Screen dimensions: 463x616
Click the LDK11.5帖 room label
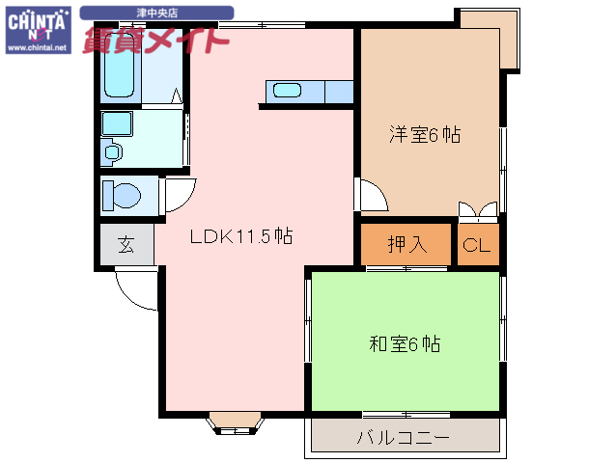point(240,236)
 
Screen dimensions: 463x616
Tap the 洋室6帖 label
point(425,135)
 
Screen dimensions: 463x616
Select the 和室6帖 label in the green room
point(406,343)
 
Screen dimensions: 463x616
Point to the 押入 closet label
point(406,245)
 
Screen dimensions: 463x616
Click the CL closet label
point(477,245)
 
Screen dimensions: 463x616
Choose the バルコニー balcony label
point(403,438)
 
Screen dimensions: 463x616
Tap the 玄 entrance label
point(126,245)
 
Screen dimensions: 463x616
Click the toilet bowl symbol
point(122,195)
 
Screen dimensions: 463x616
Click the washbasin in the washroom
point(113,151)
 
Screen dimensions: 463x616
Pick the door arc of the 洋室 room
point(373,197)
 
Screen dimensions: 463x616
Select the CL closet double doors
point(478,211)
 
